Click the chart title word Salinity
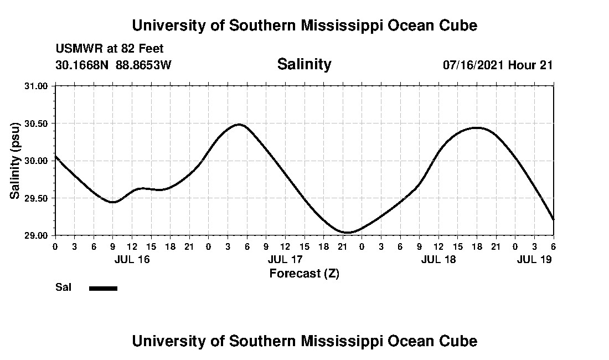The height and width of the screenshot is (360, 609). [304, 64]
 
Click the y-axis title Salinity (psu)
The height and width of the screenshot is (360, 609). [16, 161]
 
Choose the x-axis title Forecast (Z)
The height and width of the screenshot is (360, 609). [304, 273]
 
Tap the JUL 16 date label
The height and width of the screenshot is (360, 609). [132, 259]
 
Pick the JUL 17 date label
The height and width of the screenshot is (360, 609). [285, 259]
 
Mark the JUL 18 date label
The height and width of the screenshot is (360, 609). [438, 259]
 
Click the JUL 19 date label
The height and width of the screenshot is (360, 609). [534, 259]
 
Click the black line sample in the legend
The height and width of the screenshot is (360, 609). [103, 288]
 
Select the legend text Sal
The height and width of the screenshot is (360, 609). [63, 287]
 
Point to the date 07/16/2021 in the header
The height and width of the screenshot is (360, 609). [473, 65]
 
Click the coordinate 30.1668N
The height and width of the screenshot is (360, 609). [83, 65]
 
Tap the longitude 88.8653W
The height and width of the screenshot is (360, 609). [143, 65]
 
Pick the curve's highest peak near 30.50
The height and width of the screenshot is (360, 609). [239, 125]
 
